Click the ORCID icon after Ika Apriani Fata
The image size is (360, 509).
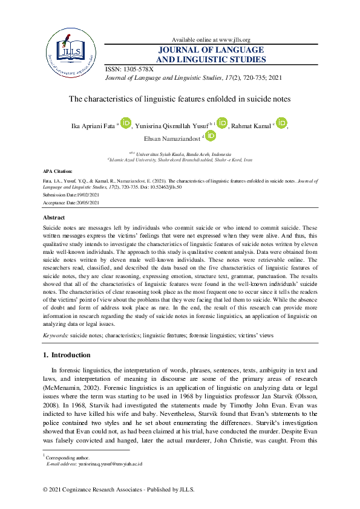point(126,123)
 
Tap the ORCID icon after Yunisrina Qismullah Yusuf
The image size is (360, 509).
point(221,123)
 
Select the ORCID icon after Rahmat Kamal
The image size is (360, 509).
point(281,123)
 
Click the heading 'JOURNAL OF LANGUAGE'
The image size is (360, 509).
point(211,50)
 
